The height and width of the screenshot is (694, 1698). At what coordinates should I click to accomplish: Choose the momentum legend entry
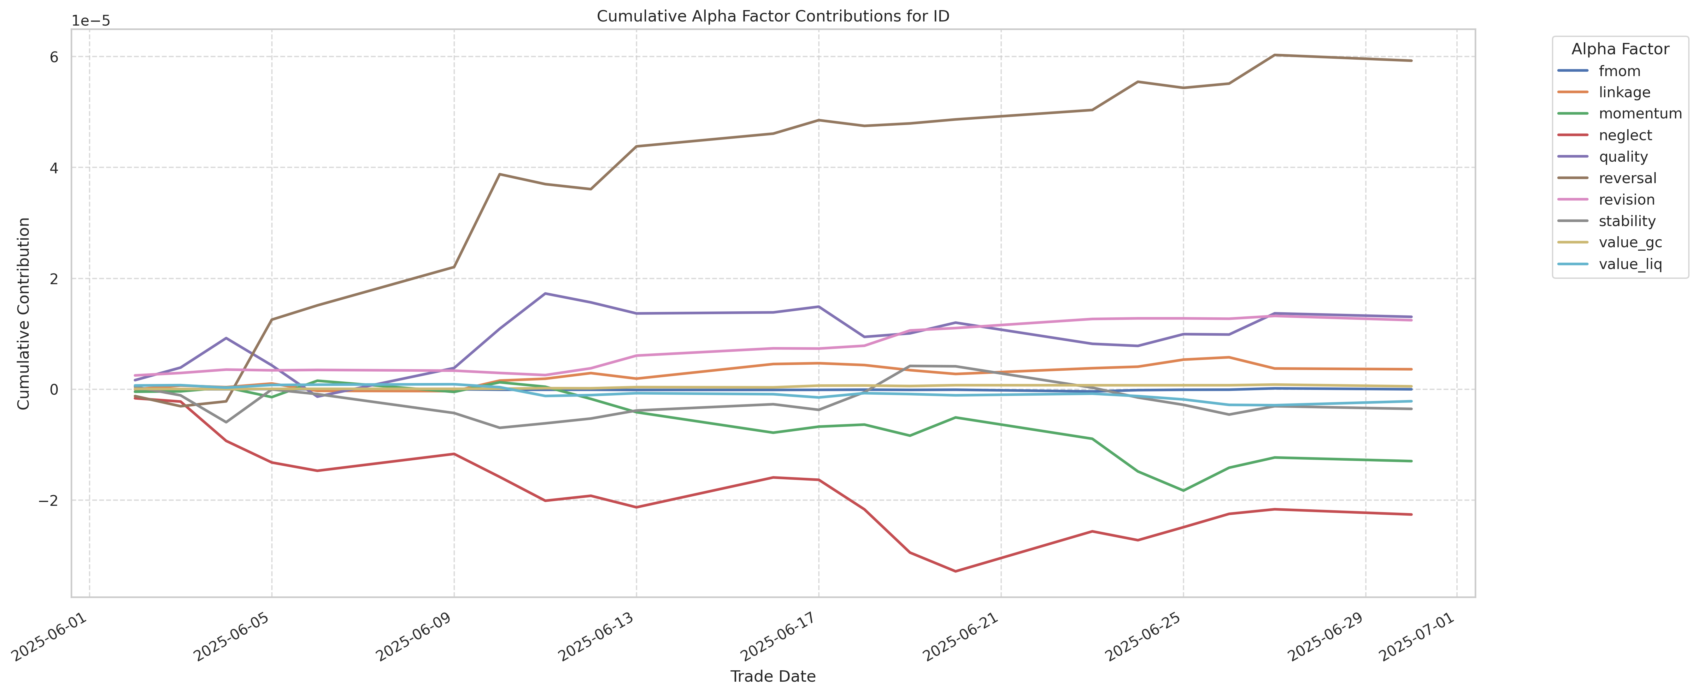click(1639, 113)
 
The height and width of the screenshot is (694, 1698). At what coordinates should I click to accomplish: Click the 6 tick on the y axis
click(54, 57)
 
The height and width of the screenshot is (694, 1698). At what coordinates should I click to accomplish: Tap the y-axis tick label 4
click(54, 168)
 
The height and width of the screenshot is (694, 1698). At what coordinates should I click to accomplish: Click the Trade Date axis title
click(773, 676)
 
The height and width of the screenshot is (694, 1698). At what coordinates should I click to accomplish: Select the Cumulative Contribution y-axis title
click(24, 313)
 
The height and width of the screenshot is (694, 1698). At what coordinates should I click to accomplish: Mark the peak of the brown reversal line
click(1275, 55)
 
